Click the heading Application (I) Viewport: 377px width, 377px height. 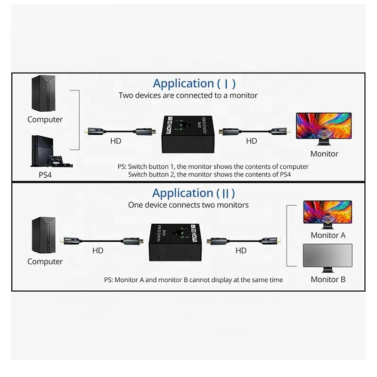194,84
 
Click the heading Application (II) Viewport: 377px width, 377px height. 193,193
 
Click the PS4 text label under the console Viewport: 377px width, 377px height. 45,175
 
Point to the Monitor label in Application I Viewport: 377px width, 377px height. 324,154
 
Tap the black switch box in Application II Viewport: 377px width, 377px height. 177,242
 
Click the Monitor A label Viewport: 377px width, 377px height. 328,235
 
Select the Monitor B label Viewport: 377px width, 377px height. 328,279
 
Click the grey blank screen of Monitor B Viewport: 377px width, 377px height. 328,256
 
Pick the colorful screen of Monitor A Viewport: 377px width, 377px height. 328,212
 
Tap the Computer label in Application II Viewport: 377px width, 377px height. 45,262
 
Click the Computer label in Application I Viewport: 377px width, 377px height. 45,120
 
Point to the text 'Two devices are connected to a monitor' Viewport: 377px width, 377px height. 188,96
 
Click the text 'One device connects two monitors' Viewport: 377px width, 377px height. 188,205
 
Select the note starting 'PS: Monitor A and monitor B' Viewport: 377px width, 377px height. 193,280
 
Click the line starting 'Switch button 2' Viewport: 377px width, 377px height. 210,174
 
